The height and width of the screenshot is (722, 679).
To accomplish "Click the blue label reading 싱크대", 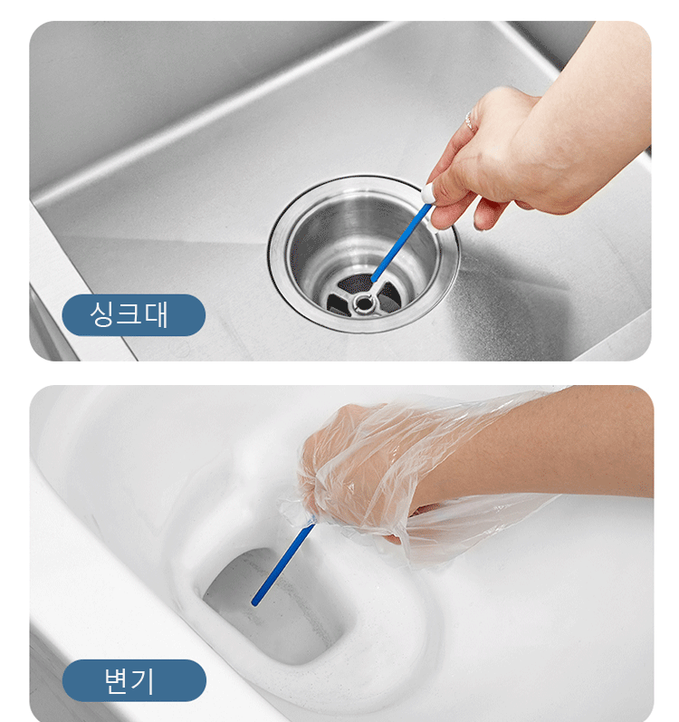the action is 133,315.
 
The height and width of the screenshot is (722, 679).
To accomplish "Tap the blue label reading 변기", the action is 134,680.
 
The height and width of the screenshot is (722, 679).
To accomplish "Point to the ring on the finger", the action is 470,121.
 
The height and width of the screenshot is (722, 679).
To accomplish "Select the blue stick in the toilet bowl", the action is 283,563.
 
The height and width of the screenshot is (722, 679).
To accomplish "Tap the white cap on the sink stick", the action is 429,193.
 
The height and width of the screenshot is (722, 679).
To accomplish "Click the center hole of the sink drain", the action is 364,303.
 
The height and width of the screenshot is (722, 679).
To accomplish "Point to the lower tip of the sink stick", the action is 373,280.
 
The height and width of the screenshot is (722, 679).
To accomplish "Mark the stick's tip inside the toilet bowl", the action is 254,602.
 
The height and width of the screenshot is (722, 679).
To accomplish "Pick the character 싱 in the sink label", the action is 101,314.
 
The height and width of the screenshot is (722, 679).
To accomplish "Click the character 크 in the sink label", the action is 129,314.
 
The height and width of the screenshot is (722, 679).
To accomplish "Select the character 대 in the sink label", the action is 156,314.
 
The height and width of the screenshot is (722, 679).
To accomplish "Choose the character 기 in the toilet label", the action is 143,680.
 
